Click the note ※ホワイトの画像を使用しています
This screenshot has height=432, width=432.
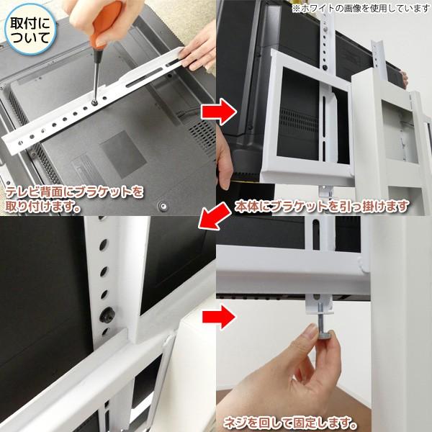pyautogui.click(x=359, y=9)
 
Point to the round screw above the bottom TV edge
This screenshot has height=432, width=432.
pyautogui.click(x=163, y=206)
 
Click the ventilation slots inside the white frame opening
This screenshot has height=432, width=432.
pyautogui.click(x=297, y=118)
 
